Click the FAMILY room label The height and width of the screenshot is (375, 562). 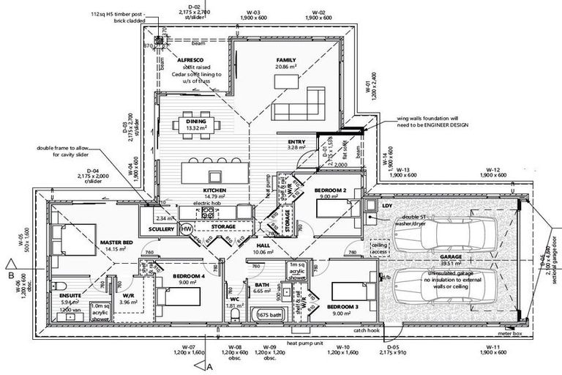tap(286, 59)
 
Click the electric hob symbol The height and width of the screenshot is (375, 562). tap(207, 213)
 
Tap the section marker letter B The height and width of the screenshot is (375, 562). tap(12, 276)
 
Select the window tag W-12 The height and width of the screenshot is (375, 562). tap(491, 169)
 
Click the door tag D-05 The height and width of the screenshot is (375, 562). tap(392, 346)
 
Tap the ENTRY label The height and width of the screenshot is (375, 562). tap(296, 142)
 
